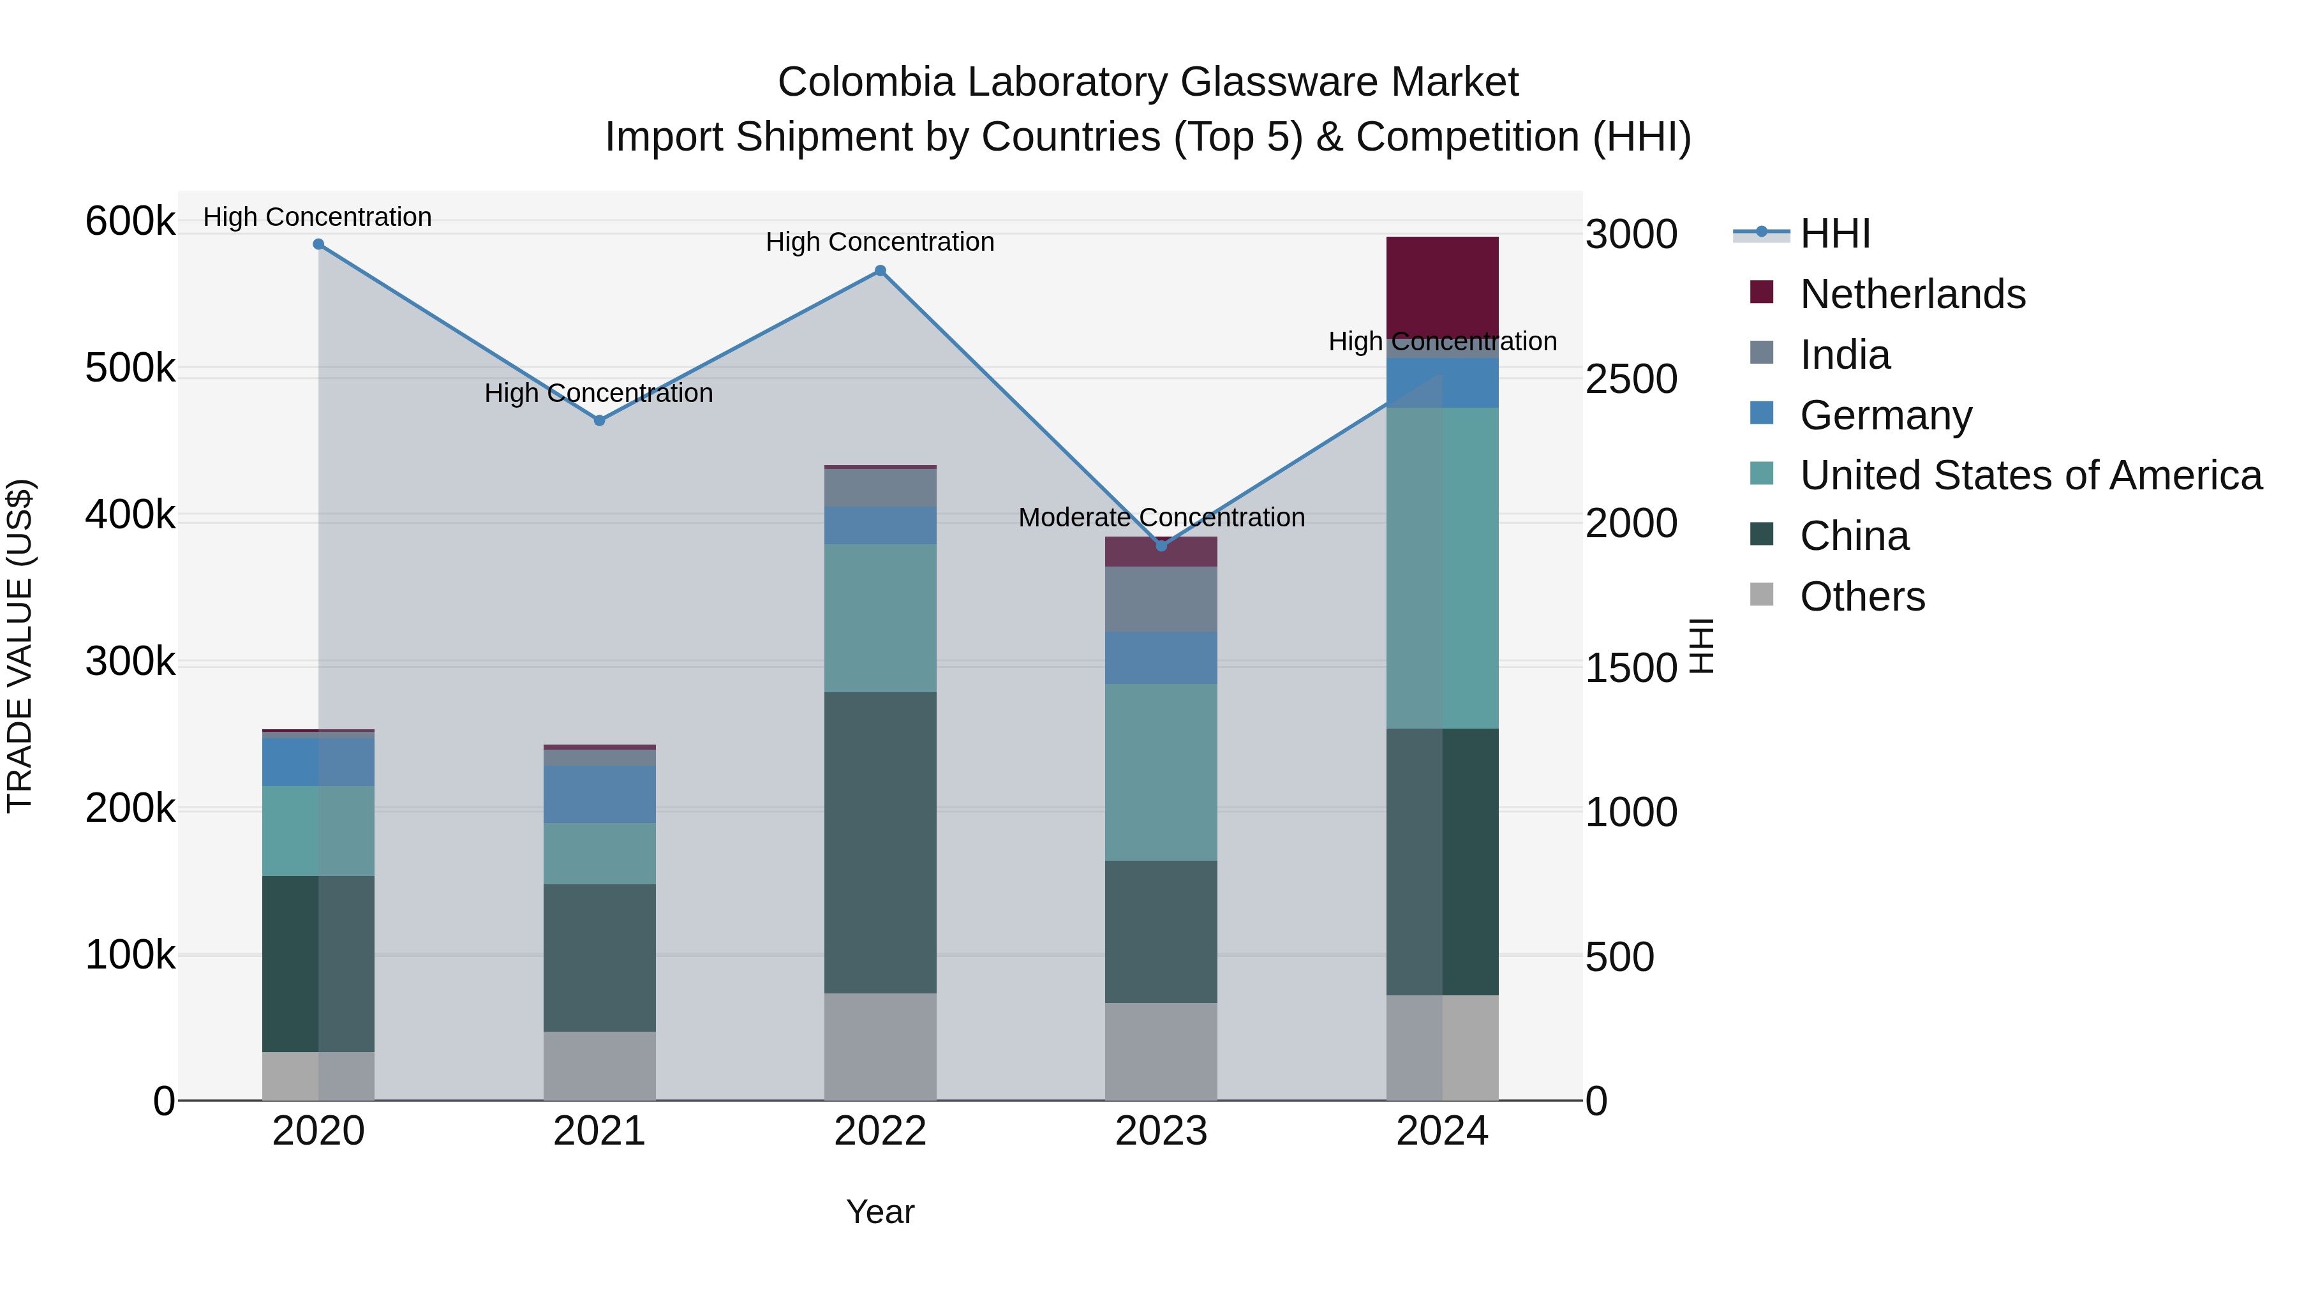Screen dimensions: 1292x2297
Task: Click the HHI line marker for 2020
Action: pyautogui.click(x=318, y=244)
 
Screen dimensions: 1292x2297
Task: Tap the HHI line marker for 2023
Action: pyautogui.click(x=1161, y=546)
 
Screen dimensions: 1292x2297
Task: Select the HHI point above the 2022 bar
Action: pyautogui.click(x=880, y=271)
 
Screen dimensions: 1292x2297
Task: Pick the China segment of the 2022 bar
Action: pyautogui.click(x=880, y=843)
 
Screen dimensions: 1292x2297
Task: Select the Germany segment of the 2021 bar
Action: pyautogui.click(x=599, y=794)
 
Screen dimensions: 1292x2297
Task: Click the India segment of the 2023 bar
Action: pyautogui.click(x=1161, y=599)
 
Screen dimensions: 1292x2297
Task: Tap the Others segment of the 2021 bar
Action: pyautogui.click(x=599, y=1066)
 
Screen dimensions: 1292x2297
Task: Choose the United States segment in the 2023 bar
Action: pyautogui.click(x=1161, y=772)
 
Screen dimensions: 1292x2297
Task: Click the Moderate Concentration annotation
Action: pyautogui.click(x=1161, y=517)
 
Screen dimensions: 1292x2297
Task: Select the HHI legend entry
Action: pyautogui.click(x=1834, y=234)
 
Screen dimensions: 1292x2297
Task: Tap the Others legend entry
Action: pyautogui.click(x=1862, y=597)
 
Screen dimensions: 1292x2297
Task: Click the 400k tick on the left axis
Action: pyautogui.click(x=130, y=514)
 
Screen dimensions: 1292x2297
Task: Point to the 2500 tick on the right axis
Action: pyautogui.click(x=1631, y=379)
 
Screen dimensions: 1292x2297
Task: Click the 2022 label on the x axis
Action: pyautogui.click(x=880, y=1131)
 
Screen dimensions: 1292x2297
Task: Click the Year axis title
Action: pyautogui.click(x=880, y=1212)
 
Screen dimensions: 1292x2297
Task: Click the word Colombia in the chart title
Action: pyautogui.click(x=865, y=82)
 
